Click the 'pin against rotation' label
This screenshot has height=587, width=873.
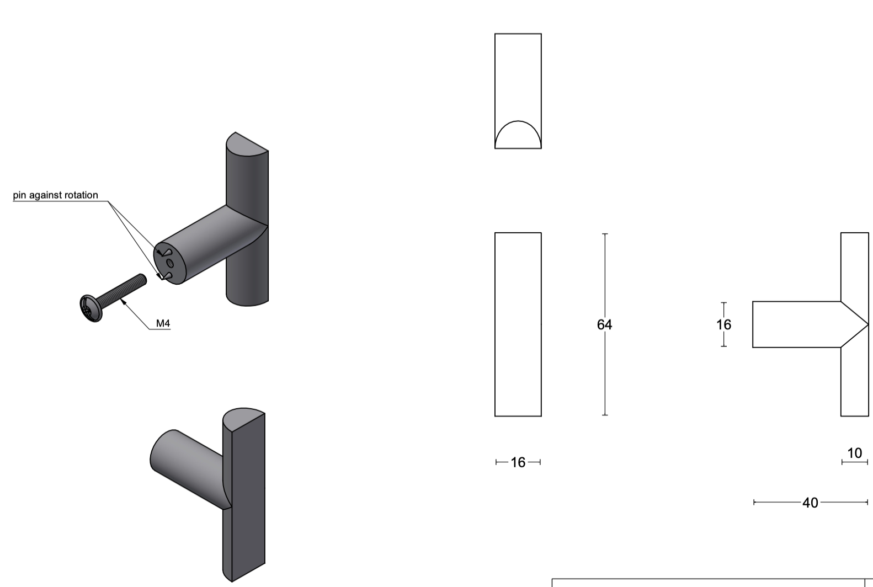click(x=55, y=195)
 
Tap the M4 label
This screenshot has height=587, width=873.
click(x=163, y=323)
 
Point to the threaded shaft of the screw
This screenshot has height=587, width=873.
click(x=124, y=291)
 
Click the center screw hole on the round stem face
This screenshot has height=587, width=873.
click(x=170, y=264)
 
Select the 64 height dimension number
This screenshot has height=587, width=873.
click(x=604, y=325)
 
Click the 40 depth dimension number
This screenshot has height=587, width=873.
click(x=810, y=503)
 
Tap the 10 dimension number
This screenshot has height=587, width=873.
click(x=854, y=453)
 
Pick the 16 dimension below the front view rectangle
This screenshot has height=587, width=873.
click(x=518, y=462)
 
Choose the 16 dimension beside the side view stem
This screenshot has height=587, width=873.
click(x=723, y=324)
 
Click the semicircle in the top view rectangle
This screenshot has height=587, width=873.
click(x=518, y=136)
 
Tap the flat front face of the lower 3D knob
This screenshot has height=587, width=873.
click(x=248, y=497)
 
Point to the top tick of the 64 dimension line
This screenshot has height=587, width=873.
click(x=605, y=234)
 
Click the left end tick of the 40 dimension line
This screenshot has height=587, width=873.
click(x=754, y=502)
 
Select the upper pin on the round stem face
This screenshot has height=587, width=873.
click(x=165, y=253)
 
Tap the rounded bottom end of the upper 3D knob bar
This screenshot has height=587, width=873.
click(x=247, y=301)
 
